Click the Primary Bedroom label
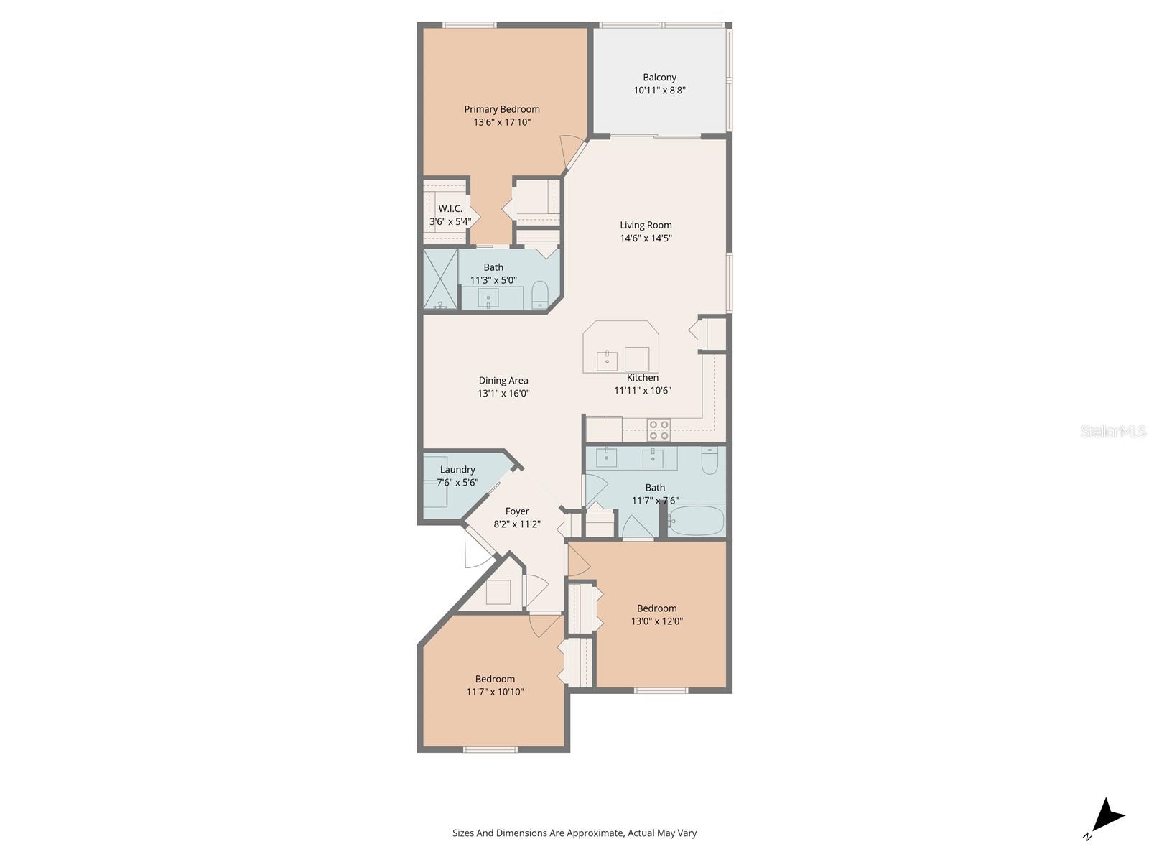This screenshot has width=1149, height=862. [x=501, y=109]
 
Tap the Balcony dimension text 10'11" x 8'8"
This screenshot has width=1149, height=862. [x=659, y=90]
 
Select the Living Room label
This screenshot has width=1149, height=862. [x=646, y=225]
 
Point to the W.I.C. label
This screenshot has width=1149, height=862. [x=450, y=208]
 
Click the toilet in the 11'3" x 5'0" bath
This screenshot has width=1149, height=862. [x=540, y=295]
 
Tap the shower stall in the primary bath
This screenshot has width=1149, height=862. [x=440, y=279]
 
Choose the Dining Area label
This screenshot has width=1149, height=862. [x=503, y=381]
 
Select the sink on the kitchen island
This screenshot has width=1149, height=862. [x=608, y=361]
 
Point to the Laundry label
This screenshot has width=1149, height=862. [x=457, y=470]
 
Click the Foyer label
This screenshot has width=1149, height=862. [x=516, y=511]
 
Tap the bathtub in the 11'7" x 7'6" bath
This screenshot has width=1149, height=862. [x=696, y=521]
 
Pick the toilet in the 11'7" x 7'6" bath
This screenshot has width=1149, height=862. [x=710, y=460]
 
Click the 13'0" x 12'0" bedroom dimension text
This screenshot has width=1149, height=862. [x=656, y=621]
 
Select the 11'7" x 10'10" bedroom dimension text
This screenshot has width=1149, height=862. [x=495, y=692]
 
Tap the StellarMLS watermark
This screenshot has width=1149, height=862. [x=1113, y=431]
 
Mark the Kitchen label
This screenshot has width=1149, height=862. [x=642, y=377]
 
